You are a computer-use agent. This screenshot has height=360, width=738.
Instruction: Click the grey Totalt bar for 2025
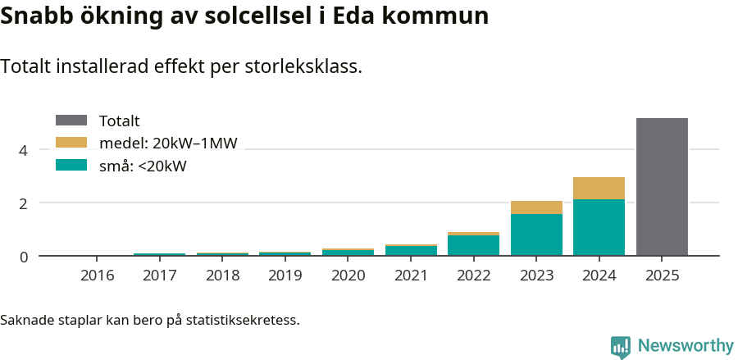(x=662, y=187)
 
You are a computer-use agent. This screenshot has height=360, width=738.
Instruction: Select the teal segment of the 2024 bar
(x=599, y=227)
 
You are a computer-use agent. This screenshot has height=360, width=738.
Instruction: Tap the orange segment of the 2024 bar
(x=599, y=188)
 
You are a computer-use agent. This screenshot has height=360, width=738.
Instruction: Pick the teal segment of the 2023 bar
(x=536, y=235)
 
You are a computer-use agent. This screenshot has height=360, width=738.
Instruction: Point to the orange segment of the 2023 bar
(x=536, y=207)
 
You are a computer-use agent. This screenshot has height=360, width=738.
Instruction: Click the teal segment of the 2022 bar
(x=473, y=245)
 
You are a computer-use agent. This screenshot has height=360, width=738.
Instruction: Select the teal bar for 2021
(x=411, y=251)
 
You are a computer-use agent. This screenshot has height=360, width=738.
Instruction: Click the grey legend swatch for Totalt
(x=71, y=121)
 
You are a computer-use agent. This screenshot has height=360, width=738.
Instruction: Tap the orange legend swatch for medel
(x=71, y=143)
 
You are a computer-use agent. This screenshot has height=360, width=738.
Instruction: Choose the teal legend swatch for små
(x=71, y=165)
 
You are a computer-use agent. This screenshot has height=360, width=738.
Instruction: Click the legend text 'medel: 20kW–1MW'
(x=167, y=144)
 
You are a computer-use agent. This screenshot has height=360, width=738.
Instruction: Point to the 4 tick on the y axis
(x=24, y=150)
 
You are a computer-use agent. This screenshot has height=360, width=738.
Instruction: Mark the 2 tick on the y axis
(x=24, y=203)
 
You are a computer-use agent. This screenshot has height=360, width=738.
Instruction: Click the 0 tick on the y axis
(x=24, y=257)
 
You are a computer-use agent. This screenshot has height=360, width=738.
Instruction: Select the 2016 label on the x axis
(x=97, y=276)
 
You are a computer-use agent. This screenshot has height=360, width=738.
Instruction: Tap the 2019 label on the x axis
(x=285, y=276)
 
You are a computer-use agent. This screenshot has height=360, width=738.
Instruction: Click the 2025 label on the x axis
(x=662, y=276)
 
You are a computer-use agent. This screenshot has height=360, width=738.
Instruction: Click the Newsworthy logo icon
(x=621, y=347)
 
